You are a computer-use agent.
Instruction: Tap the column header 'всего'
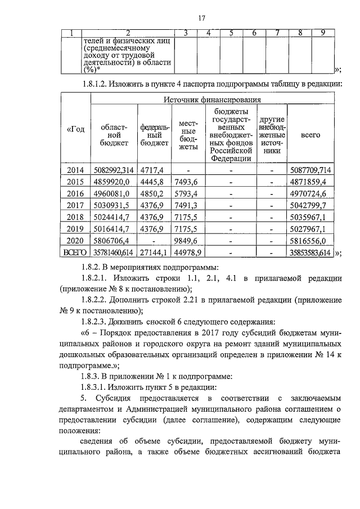[310, 135]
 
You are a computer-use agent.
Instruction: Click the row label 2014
[74, 170]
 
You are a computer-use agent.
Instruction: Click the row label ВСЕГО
[75, 256]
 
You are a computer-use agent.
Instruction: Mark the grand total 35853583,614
[310, 256]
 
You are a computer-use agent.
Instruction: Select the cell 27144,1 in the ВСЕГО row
[154, 256]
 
